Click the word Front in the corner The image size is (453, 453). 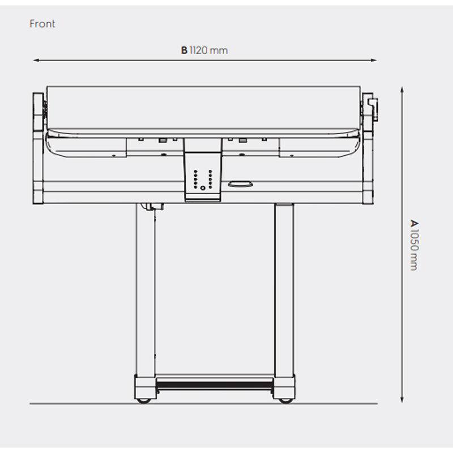point(42,24)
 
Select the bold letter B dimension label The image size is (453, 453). point(185,50)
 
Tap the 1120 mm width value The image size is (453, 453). point(208,50)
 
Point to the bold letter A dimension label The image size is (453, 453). point(414,223)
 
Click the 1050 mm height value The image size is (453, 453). point(414,250)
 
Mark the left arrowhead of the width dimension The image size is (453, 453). point(36,61)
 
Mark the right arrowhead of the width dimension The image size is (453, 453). point(374,61)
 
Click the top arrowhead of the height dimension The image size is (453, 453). point(402,89)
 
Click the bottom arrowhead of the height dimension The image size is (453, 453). point(402,399)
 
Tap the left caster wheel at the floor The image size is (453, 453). point(144,401)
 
